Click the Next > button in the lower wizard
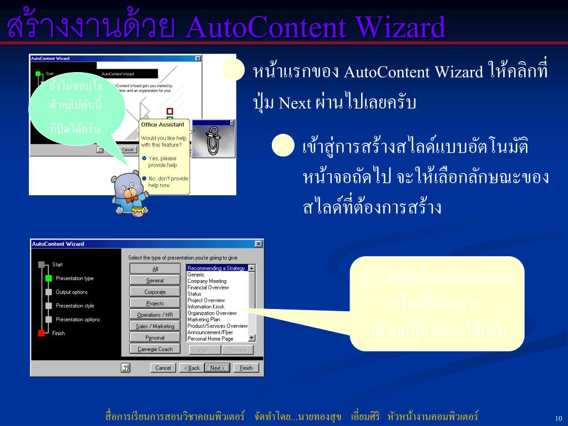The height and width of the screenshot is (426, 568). click(x=217, y=368)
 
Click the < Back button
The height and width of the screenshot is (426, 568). click(x=191, y=368)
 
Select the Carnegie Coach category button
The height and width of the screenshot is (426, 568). click(x=155, y=349)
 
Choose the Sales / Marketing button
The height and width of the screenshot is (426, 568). click(x=155, y=326)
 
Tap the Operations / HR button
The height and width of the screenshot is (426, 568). click(x=155, y=315)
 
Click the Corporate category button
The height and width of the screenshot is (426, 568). click(x=155, y=292)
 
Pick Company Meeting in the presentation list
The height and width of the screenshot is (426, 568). click(x=207, y=281)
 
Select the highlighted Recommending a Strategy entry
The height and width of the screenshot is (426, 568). click(x=216, y=268)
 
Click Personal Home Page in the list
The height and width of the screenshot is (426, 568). click(x=210, y=339)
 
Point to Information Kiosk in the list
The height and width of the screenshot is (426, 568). click(x=206, y=307)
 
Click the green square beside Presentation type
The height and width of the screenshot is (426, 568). click(x=48, y=278)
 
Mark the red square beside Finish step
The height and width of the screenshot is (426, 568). click(x=41, y=333)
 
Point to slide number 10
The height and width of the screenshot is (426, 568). click(x=558, y=418)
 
